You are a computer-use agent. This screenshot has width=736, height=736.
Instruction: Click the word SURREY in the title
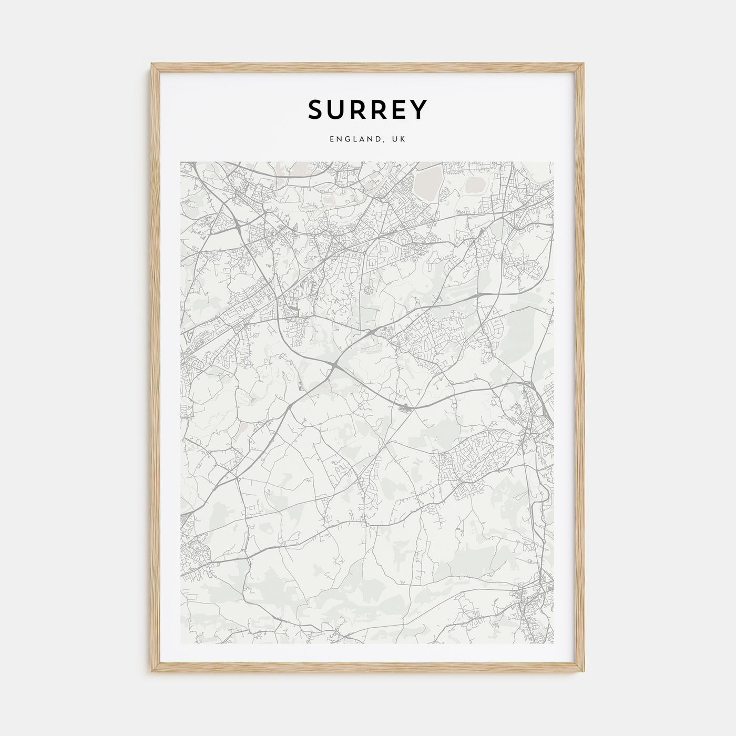tap(367, 109)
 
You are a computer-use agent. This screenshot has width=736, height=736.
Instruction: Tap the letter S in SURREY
tap(316, 109)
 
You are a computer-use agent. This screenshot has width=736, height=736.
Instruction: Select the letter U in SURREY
tap(337, 109)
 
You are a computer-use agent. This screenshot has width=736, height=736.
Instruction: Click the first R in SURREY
tap(358, 109)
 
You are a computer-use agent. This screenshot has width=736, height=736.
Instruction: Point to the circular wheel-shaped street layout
tap(369, 290)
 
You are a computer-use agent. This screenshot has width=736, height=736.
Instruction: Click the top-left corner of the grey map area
tap(180, 162)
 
